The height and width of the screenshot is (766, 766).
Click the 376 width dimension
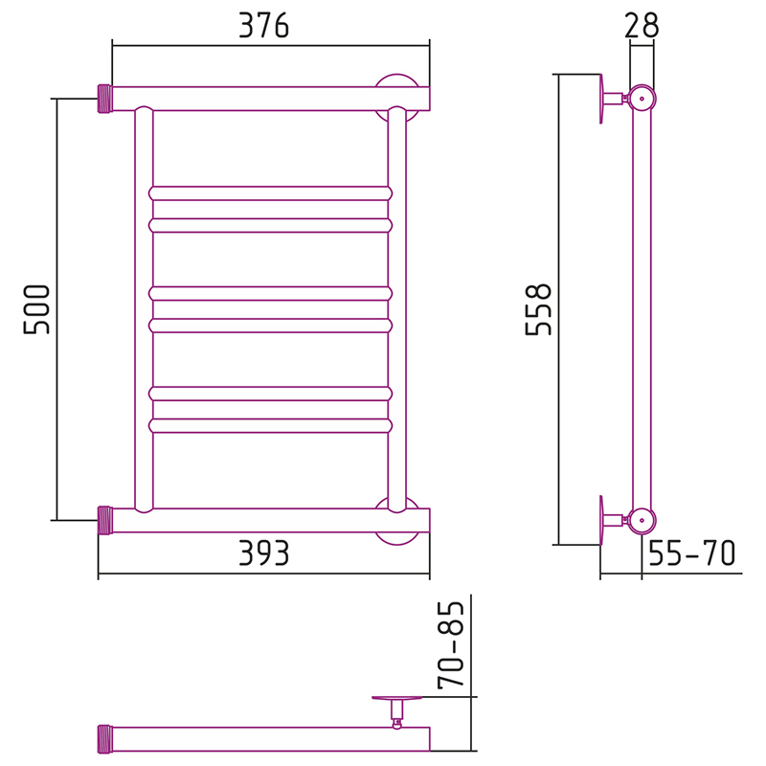click(264, 26)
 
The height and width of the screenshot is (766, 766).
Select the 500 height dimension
click(36, 309)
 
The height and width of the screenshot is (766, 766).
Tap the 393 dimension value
click(264, 553)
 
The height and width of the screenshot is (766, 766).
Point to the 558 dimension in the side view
click(538, 309)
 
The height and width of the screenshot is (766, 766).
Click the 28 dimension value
click(642, 26)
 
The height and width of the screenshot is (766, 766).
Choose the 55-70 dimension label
click(691, 553)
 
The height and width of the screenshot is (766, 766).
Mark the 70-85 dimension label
click(450, 644)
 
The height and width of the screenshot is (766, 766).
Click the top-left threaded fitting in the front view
click(105, 99)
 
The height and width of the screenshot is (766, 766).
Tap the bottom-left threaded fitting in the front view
click(105, 520)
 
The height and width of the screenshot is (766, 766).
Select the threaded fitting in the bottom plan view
click(105, 738)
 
